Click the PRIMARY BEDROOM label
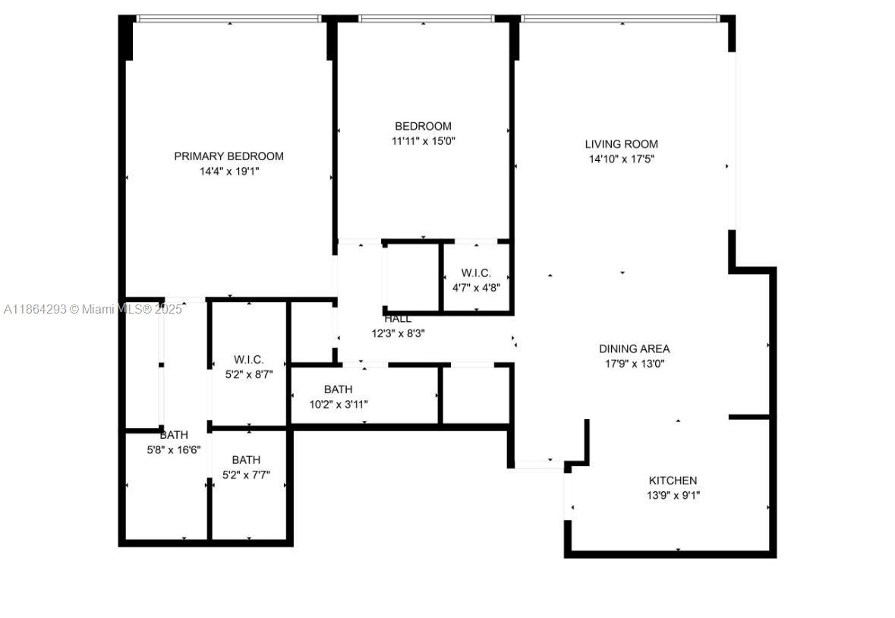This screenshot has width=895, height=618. pos(228,156)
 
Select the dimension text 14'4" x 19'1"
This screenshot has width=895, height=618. pos(228,172)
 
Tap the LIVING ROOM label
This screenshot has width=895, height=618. pos(621,144)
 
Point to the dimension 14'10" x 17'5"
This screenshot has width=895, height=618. pos(621,159)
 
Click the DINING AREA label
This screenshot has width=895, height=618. pos(634,349)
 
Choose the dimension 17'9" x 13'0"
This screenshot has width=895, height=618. pos(634,364)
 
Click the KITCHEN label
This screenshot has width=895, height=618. pos(673,481)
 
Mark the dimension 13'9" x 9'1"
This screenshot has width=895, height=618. pos(673,496)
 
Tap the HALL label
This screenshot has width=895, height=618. pos(398,319)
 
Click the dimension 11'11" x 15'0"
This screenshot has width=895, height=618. pos(423,141)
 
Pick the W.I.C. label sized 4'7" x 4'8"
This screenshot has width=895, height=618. pos(476,273)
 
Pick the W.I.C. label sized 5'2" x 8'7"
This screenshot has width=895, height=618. pos(249,359)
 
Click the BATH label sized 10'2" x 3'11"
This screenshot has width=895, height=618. pos(338,389)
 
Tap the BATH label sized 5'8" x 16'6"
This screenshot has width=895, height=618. pos(174,435)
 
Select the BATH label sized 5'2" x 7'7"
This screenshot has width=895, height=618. pos(246,460)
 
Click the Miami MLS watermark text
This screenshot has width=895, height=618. pos(93,309)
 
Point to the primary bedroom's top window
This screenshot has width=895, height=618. pos(228,18)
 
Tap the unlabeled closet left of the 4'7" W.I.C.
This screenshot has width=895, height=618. pos(412,277)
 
